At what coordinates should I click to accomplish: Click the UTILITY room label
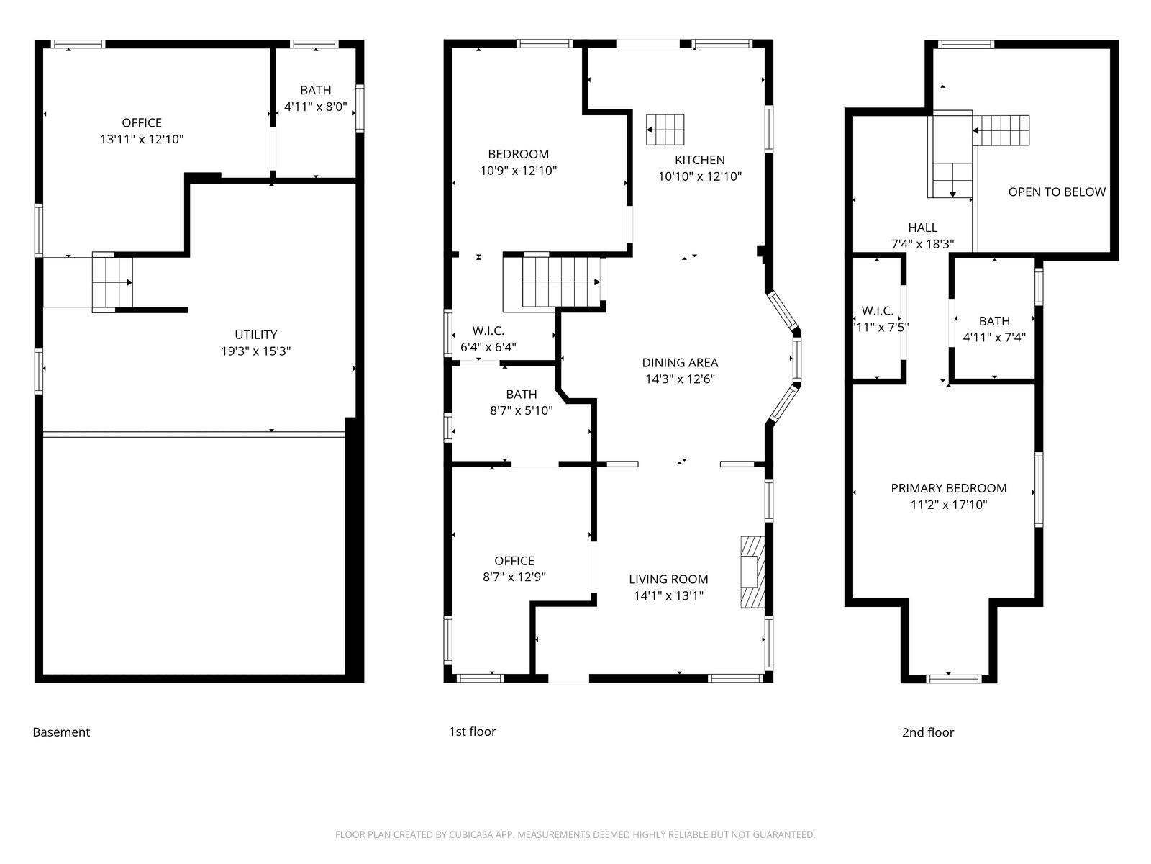[x=255, y=335]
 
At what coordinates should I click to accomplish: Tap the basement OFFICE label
[x=142, y=122]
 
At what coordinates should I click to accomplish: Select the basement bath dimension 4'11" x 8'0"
[x=316, y=107]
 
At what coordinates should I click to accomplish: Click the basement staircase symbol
[x=112, y=282]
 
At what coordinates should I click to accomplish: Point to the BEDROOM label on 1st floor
[x=518, y=154]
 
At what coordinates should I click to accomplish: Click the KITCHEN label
[x=699, y=160]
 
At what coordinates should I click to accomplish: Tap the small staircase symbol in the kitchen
[x=665, y=130]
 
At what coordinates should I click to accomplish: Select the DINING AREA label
[x=680, y=362]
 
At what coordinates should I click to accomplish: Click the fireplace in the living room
[x=752, y=572]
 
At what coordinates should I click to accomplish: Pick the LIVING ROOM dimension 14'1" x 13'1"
[x=668, y=595]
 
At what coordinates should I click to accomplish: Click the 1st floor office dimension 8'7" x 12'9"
[x=514, y=577]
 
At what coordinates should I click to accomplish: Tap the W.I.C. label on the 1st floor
[x=488, y=331]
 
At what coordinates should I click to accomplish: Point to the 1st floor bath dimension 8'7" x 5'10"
[x=522, y=410]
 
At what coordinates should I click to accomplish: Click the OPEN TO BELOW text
[x=1057, y=192]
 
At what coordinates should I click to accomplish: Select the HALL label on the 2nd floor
[x=922, y=228]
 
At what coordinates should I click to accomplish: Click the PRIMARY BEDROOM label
[x=949, y=488]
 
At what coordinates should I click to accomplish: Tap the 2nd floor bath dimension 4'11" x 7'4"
[x=994, y=337]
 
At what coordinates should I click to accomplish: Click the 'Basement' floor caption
[x=61, y=732]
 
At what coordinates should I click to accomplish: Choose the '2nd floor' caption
[x=927, y=732]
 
